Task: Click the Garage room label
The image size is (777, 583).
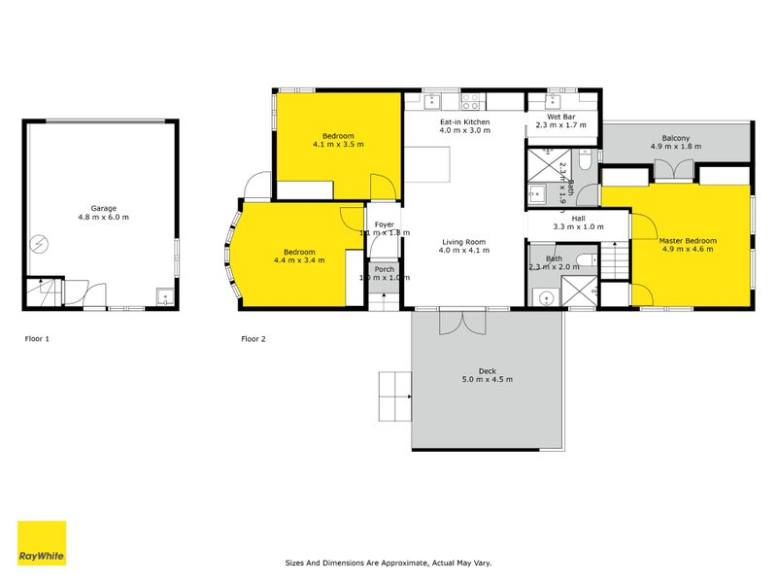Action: tap(104, 207)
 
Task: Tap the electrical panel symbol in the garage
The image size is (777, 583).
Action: tap(41, 243)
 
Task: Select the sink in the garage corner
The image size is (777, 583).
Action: tap(165, 298)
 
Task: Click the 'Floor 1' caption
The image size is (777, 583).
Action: tap(37, 339)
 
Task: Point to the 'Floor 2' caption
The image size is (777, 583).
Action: tap(253, 339)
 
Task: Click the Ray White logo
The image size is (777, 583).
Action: tap(42, 543)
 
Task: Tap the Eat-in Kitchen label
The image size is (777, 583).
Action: tap(464, 121)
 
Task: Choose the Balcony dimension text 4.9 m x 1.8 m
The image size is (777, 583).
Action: tap(676, 147)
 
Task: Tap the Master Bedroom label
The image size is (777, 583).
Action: tap(688, 240)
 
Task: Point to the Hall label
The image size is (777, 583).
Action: tap(578, 219)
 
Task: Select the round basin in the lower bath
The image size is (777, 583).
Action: tap(545, 298)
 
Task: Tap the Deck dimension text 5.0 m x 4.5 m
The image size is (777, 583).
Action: tap(487, 378)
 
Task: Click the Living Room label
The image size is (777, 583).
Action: tap(464, 242)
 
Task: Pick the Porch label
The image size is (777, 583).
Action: tap(385, 269)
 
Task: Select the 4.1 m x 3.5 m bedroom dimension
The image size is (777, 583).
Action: tap(338, 144)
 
